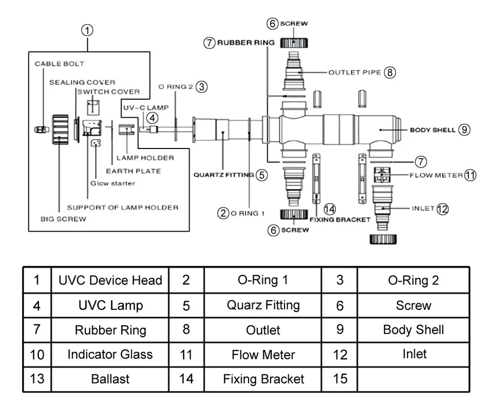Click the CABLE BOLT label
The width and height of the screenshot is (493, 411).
point(59,64)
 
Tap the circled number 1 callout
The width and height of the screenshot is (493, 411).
point(88,30)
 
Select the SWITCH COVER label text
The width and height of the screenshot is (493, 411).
point(108,92)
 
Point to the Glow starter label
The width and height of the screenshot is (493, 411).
point(113,183)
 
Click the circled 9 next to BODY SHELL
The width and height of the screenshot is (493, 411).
point(464,130)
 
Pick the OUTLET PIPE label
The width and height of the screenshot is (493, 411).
point(354,72)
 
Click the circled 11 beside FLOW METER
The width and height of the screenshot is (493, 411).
point(470,175)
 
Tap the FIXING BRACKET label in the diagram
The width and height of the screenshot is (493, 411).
point(340,219)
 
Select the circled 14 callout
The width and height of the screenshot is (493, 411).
point(330,209)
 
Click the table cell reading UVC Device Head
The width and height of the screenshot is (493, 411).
point(110,281)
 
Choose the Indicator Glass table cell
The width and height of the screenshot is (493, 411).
point(110,354)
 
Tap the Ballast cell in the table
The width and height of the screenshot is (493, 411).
point(110,380)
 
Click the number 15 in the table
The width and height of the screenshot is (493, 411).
point(340,379)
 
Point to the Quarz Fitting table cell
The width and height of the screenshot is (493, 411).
point(263,305)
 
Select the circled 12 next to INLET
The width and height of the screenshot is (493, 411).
point(442,209)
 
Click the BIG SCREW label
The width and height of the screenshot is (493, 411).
point(64,219)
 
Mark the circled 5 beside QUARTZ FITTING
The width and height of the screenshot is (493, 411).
point(262,175)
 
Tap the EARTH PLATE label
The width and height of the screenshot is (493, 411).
point(133,171)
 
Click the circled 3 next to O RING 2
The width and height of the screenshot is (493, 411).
point(202,87)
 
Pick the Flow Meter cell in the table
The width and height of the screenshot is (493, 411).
point(263,354)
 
